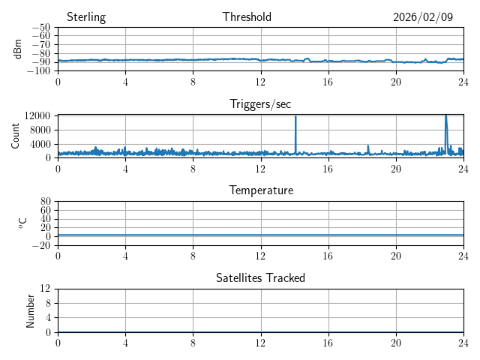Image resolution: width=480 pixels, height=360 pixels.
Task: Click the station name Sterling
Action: tap(86, 17)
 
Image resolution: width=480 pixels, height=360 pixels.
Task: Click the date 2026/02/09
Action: tap(423, 17)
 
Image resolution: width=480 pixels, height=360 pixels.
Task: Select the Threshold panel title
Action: tap(247, 17)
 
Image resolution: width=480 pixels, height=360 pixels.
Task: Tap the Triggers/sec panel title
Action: tap(260, 104)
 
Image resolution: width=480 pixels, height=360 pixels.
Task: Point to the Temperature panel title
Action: tap(260, 190)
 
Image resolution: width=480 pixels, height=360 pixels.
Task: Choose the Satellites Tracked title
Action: tap(260, 277)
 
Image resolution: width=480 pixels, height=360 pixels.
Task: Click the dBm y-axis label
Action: tap(17, 49)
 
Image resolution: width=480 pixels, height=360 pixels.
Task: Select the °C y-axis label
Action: tap(22, 223)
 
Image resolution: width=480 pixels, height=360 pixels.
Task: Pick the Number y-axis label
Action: tap(31, 310)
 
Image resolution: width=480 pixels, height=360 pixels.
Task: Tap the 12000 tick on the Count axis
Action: tap(37, 116)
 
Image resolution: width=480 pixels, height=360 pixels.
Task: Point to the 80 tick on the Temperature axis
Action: tap(45, 202)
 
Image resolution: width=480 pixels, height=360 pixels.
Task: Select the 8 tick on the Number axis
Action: tap(49, 303)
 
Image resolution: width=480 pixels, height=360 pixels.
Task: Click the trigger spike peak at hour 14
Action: tap(295, 116)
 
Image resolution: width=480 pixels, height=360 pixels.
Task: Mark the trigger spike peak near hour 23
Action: tap(445, 115)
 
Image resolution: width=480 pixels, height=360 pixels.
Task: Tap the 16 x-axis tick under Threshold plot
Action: tap(328, 82)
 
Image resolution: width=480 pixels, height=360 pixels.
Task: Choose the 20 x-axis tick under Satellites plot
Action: tap(395, 343)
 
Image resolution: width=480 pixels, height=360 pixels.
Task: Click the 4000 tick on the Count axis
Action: tap(39, 144)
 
